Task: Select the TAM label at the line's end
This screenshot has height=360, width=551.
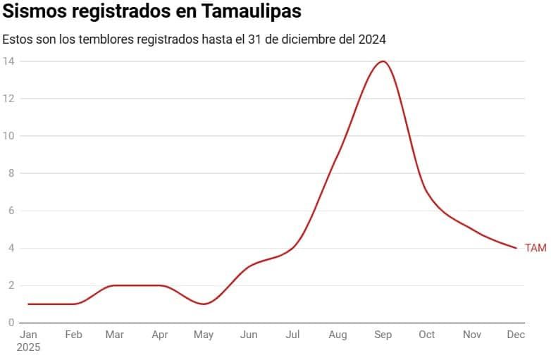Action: coord(535,248)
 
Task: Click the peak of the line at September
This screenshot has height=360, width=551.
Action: coord(383,61)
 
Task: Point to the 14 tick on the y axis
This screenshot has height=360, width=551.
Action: coord(8,61)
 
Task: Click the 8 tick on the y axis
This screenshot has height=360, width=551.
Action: coord(11,173)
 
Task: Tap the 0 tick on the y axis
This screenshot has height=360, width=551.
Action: coord(11,323)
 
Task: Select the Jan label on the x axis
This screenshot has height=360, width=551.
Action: coord(28,335)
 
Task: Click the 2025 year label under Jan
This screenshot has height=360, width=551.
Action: coord(29,347)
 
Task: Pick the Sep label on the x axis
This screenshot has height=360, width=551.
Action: coord(383,335)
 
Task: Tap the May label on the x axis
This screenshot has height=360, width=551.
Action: coord(204,335)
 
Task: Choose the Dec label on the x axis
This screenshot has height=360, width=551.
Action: coord(516,335)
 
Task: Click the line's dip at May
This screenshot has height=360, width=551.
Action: coord(204,304)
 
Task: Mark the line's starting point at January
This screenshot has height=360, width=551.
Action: coord(28,304)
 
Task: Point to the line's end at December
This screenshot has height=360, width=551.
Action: coord(516,248)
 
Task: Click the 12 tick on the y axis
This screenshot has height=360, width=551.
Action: coord(8,99)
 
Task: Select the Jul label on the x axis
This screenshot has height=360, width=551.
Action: coord(293,335)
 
